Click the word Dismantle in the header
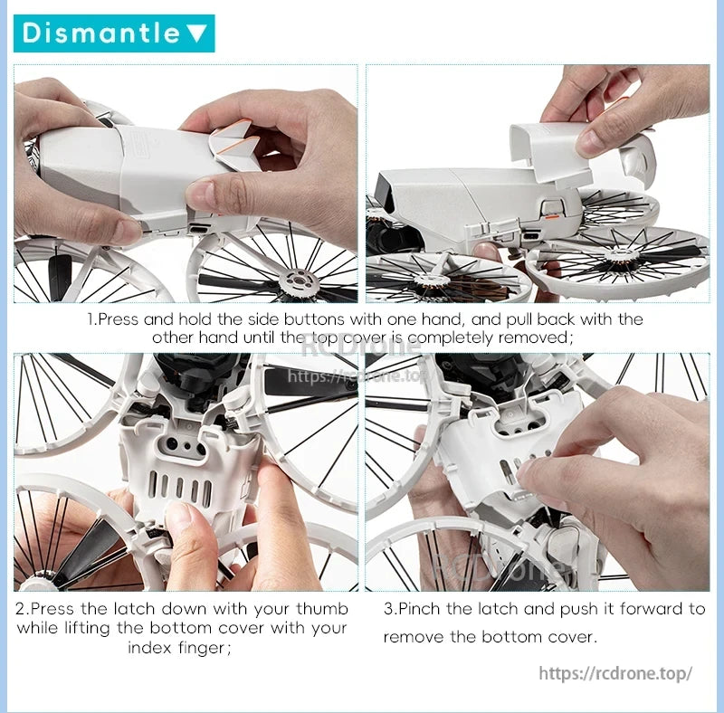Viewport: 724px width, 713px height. click(100, 33)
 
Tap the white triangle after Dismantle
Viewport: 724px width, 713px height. click(196, 34)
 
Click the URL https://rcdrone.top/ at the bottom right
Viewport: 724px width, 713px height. click(615, 673)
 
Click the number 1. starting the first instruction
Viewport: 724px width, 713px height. click(91, 319)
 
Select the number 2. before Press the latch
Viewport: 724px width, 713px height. click(23, 609)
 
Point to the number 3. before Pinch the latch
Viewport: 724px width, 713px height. click(390, 609)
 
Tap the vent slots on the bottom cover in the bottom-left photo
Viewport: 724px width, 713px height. click(181, 490)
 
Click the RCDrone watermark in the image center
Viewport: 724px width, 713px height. click(362, 346)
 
